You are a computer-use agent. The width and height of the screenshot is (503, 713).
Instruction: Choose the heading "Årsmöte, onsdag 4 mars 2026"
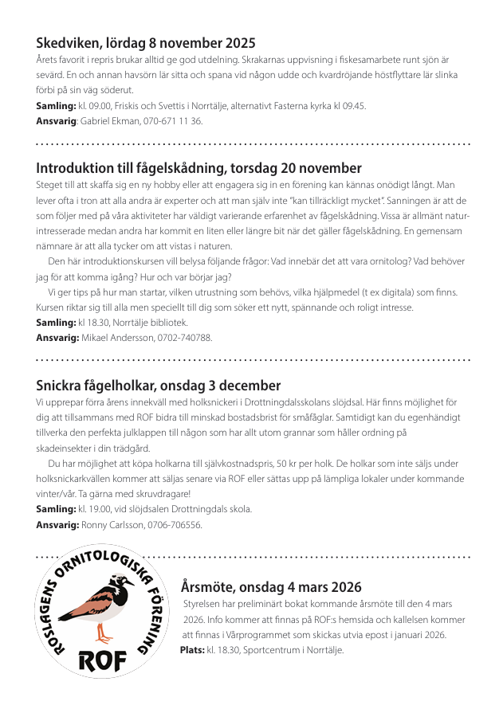pos(271,587)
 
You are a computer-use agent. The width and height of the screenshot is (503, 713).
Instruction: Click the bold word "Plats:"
pos(192,650)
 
